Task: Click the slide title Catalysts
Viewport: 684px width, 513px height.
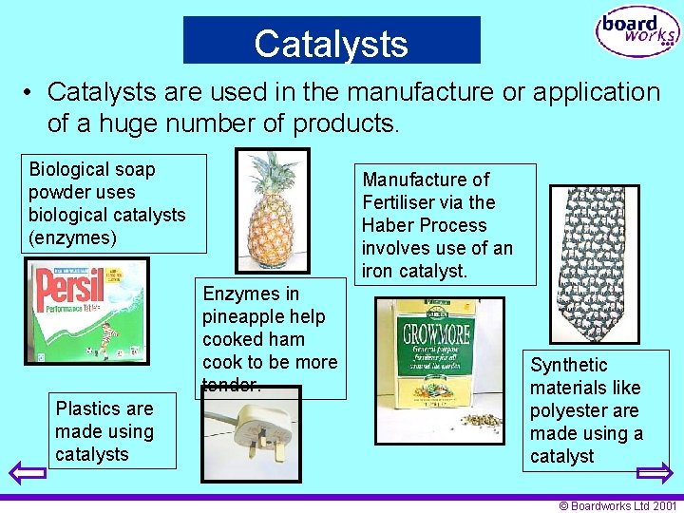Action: pyautogui.click(x=331, y=44)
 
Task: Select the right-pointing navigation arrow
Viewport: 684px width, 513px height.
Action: pyautogui.click(x=654, y=472)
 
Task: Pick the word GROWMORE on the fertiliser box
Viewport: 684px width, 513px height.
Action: pyautogui.click(x=437, y=335)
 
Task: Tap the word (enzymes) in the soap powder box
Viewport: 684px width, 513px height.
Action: pyautogui.click(x=72, y=237)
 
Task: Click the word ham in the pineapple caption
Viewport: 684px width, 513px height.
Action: pyautogui.click(x=287, y=339)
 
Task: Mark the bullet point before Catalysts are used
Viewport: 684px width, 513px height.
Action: pyautogui.click(x=30, y=93)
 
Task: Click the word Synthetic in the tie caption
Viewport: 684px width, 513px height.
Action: pyautogui.click(x=568, y=365)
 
